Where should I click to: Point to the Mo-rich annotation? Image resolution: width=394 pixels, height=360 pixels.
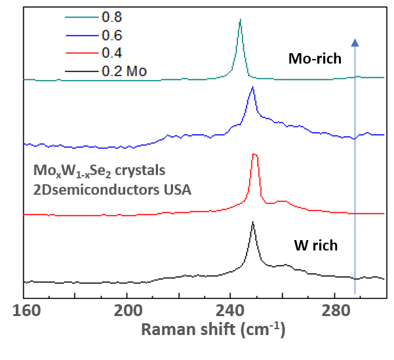click(315, 59)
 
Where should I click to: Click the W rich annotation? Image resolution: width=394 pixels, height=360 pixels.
click(315, 246)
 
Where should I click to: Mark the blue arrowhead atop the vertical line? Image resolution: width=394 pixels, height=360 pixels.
click(355, 43)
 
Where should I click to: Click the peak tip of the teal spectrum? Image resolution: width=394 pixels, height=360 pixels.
click(240, 20)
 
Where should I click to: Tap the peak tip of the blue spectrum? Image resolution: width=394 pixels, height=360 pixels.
click(252, 87)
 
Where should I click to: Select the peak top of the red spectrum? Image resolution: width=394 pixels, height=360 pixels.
click(254, 155)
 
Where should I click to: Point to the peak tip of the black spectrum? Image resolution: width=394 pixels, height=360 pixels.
click(252, 222)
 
